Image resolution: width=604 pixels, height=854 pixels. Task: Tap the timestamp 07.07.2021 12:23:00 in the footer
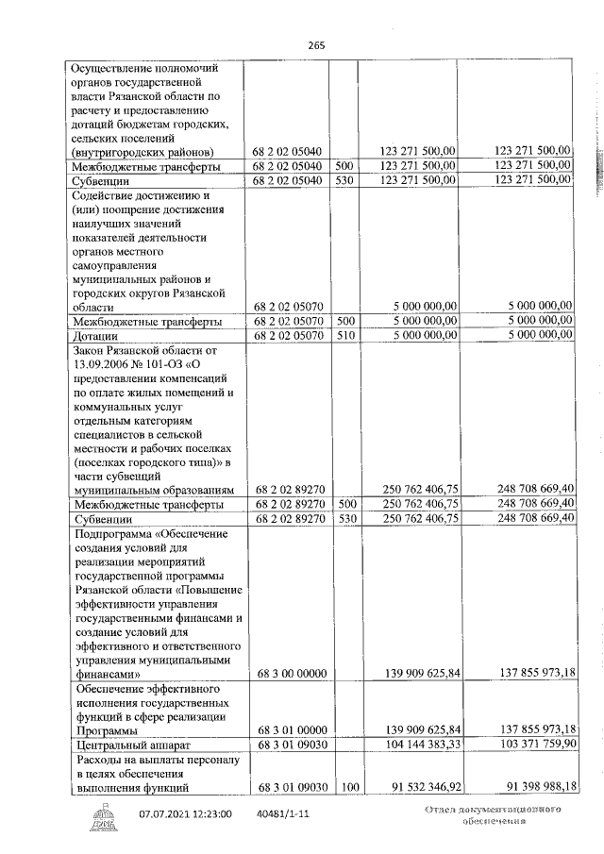pyautogui.click(x=186, y=812)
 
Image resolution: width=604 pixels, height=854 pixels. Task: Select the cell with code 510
pyautogui.click(x=344, y=335)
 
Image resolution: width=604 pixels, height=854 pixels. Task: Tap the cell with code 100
pyautogui.click(x=344, y=786)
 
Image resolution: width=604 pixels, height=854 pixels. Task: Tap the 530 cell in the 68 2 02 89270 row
pyautogui.click(x=344, y=518)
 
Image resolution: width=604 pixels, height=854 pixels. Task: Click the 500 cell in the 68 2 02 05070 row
pyautogui.click(x=344, y=321)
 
